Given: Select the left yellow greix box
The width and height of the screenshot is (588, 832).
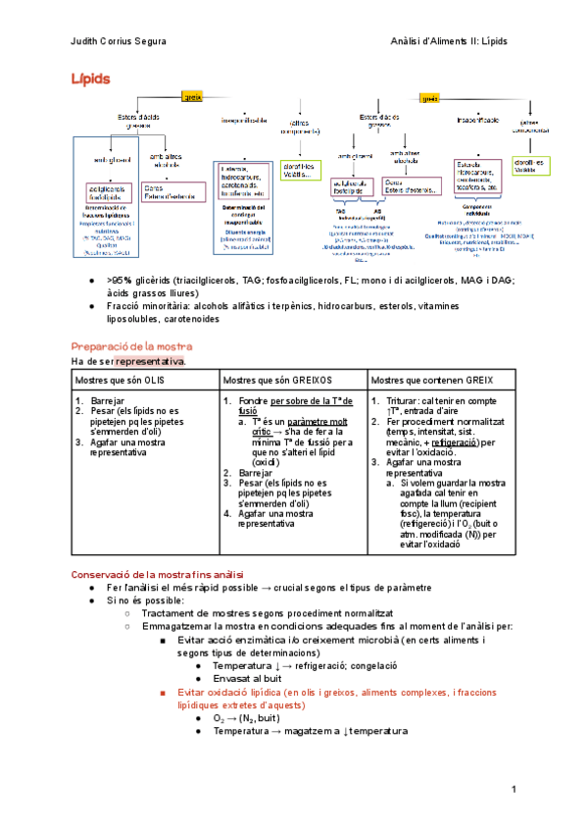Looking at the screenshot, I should pos(192,95).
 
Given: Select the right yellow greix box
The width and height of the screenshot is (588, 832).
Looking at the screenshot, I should pos(428,98).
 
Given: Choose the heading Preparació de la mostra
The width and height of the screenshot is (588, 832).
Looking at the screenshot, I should pos(132,347).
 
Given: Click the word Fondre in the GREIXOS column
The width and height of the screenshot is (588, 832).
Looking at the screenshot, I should pos(253,401).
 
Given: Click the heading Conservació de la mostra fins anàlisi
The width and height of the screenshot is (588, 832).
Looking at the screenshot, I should pos(158,574).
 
